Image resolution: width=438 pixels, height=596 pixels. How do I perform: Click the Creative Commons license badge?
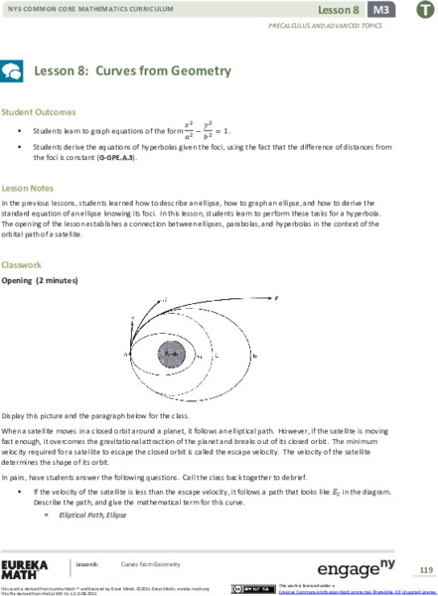click(247, 587)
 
